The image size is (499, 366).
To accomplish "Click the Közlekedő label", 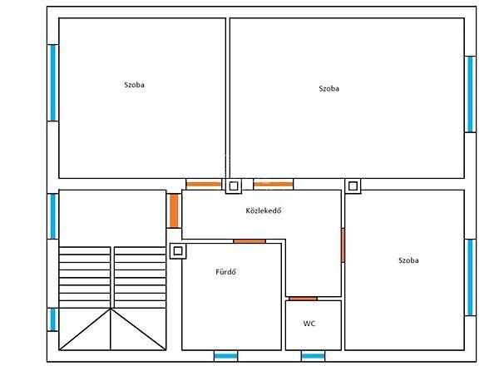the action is click(264, 210).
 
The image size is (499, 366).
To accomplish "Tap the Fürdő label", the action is click(225, 272).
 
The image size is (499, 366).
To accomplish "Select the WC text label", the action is click(309, 324).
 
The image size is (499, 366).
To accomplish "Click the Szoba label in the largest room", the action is click(329, 88).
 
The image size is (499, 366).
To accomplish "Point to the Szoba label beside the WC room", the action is click(408, 260).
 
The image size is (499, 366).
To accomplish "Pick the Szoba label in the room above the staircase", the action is click(134, 85).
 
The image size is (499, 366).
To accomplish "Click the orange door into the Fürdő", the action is click(249, 241).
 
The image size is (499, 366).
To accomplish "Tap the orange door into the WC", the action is click(303, 299).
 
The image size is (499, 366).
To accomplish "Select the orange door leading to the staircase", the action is click(174, 210).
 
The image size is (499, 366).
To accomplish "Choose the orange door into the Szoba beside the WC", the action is click(343, 245).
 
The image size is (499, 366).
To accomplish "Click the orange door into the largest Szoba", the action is click(274, 184).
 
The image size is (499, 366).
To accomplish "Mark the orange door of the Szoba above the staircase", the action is click(204, 184).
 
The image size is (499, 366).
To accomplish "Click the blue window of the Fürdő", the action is click(225, 356).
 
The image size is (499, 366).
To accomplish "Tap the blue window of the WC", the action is click(313, 356).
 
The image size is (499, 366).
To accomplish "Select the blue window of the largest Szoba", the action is click(470, 94).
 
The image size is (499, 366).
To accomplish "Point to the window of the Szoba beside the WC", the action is click(470, 277).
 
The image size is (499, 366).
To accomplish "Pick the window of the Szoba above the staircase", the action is click(53, 82).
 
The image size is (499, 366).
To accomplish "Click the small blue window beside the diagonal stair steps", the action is click(53, 319).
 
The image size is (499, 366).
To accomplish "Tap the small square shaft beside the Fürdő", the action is click(178, 250).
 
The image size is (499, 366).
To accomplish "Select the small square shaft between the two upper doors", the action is click(234, 185).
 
